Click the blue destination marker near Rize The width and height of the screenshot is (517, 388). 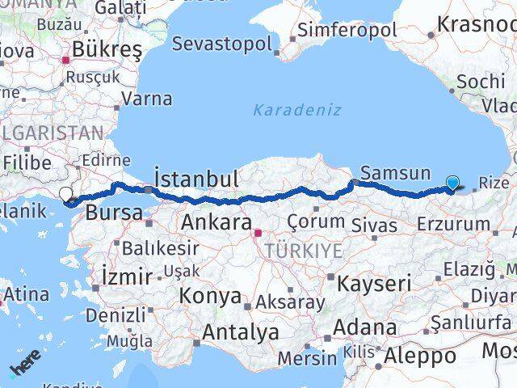point(452,183)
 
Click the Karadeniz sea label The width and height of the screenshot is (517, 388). point(286,109)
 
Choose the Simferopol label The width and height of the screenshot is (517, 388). point(347,31)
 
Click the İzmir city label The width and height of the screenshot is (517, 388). point(127,276)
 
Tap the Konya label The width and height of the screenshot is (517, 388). point(209,296)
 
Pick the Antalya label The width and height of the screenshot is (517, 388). point(241,331)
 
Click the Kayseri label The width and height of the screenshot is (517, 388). point(374,284)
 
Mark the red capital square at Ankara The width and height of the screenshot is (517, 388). point(258,234)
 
